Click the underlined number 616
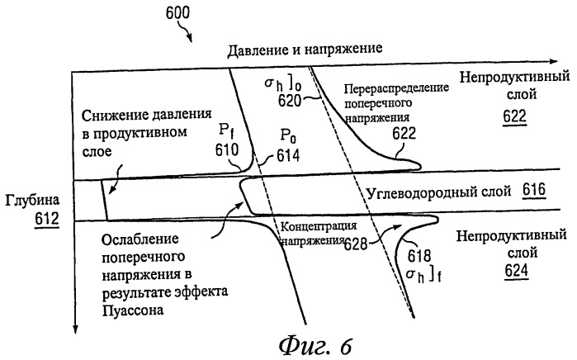(532, 192)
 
